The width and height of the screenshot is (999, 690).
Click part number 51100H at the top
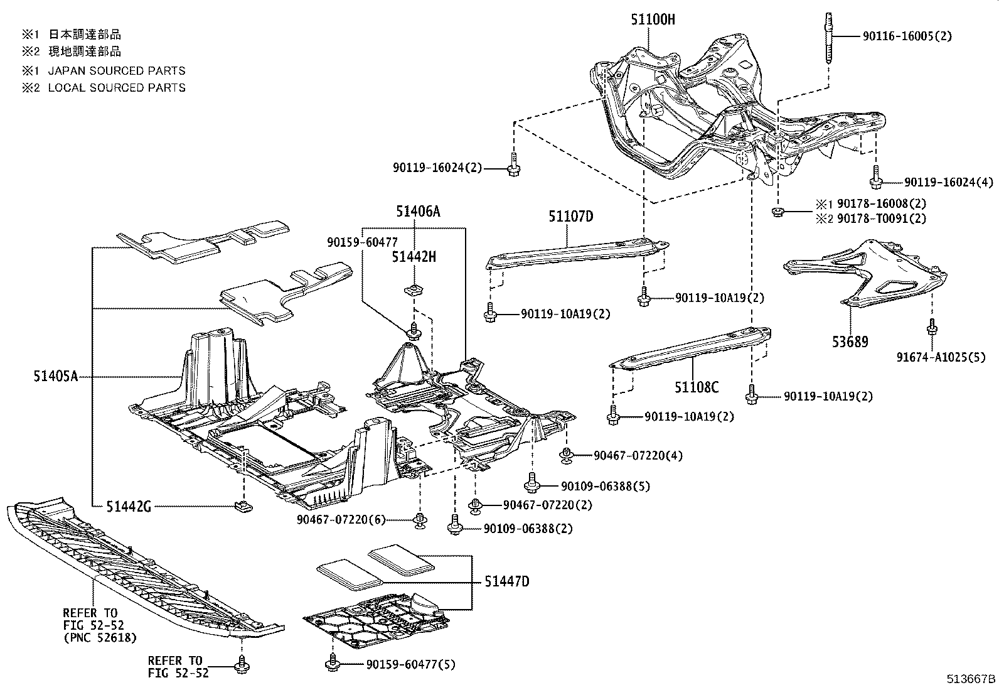tap(653, 19)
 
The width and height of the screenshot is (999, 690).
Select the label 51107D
tap(570, 217)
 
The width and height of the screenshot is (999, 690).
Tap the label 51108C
tap(697, 387)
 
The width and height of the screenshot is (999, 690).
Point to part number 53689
tap(850, 342)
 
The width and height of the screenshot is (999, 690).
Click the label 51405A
tap(56, 377)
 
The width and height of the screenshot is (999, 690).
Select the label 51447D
tap(506, 582)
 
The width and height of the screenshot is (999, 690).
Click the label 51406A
tap(418, 212)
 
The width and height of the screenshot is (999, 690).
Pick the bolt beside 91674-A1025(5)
tap(932, 327)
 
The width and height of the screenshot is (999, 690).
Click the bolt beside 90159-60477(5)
tap(331, 662)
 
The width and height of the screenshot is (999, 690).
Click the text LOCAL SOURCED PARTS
tap(117, 88)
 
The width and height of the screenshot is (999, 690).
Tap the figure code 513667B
tap(971, 679)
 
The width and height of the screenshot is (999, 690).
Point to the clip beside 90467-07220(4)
tap(567, 455)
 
